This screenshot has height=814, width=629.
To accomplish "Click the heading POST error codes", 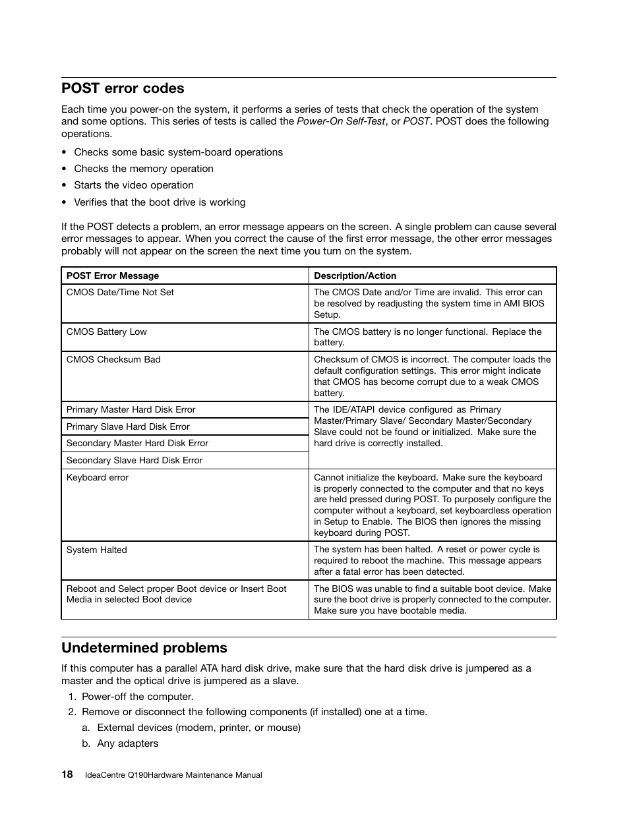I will [x=123, y=88].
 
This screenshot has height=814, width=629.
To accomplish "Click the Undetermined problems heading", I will [x=144, y=647].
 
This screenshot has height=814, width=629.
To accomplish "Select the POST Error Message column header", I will [x=113, y=276].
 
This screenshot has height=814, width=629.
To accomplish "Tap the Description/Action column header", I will [x=355, y=276].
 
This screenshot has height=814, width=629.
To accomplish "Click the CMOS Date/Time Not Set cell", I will [x=120, y=292].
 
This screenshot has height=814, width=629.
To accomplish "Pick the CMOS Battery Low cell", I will [x=107, y=332].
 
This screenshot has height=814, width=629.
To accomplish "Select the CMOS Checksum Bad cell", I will [x=113, y=359].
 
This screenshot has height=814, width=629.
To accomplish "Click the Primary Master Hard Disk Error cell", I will [x=131, y=409].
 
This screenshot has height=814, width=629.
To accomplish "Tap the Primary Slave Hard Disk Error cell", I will [x=128, y=426].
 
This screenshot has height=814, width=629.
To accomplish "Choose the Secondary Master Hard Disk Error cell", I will [x=137, y=443].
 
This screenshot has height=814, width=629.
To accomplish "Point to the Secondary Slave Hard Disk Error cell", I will [x=135, y=460].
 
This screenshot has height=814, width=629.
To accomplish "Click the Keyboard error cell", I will [x=98, y=477].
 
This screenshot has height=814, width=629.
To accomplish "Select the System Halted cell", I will [x=97, y=550].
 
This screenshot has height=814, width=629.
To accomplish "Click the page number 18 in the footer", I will [x=67, y=774].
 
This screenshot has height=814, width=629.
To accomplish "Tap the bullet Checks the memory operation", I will [x=143, y=169].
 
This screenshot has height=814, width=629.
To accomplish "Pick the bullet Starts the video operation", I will [x=133, y=185].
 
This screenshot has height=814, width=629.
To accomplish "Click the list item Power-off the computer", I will [x=137, y=696].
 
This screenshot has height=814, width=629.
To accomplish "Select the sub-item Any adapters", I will [x=127, y=743].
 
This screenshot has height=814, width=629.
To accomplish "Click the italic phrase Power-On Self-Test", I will [x=340, y=121].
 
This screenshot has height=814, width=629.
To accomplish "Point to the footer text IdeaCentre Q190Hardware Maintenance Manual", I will [x=173, y=775].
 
